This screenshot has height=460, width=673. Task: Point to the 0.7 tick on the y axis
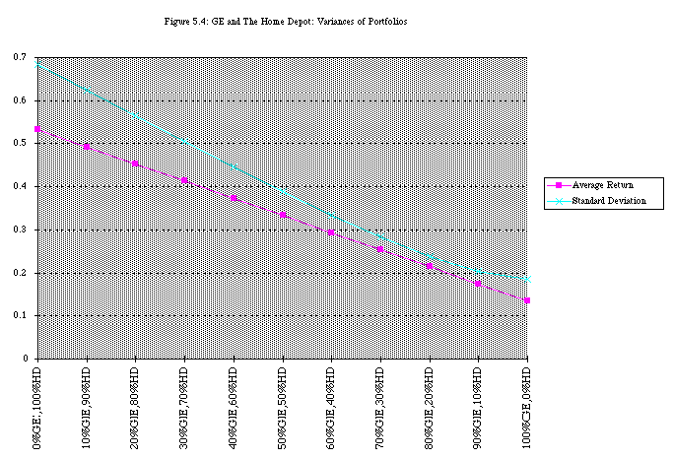click(20, 57)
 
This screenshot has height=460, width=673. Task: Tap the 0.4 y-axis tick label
click(20, 186)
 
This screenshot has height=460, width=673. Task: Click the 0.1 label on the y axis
click(20, 316)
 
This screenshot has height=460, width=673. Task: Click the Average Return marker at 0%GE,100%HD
click(37, 129)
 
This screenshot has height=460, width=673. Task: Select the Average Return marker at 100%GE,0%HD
click(527, 300)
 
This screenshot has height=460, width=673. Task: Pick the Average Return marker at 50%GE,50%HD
click(283, 215)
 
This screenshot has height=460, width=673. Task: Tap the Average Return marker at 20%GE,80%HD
click(135, 164)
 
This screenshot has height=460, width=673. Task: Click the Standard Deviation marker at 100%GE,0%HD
click(527, 279)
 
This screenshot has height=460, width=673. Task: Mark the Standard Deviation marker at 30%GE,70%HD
click(184, 141)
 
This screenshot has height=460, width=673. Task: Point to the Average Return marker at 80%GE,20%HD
click(430, 267)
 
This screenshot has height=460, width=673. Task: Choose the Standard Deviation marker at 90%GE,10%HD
click(479, 270)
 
